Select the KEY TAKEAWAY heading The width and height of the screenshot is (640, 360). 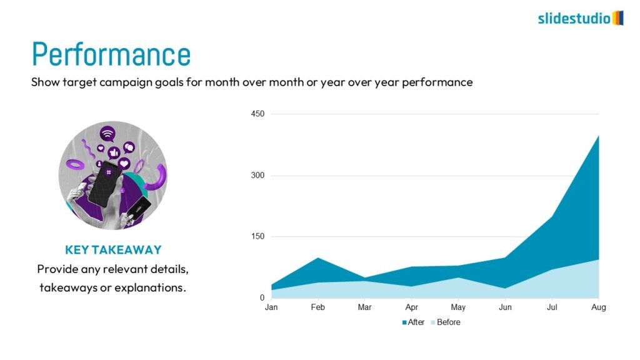[x=113, y=250]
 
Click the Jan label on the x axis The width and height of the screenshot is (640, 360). [x=271, y=307]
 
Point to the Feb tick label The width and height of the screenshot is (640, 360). [x=318, y=307]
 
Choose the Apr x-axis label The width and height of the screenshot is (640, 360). [x=412, y=307]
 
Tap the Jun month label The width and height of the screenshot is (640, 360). [x=505, y=307]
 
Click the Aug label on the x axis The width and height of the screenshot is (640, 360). [x=599, y=307]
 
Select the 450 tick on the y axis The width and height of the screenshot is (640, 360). [x=258, y=114]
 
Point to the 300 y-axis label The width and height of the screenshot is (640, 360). [x=258, y=175]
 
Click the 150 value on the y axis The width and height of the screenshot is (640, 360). [x=258, y=236]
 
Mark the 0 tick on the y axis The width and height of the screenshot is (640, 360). [x=262, y=298]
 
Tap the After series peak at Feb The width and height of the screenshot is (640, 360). [x=318, y=258]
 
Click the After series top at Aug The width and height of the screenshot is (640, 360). [x=598, y=136]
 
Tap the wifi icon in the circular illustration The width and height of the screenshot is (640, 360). [x=107, y=133]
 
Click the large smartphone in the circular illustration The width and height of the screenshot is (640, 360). [x=103, y=182]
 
